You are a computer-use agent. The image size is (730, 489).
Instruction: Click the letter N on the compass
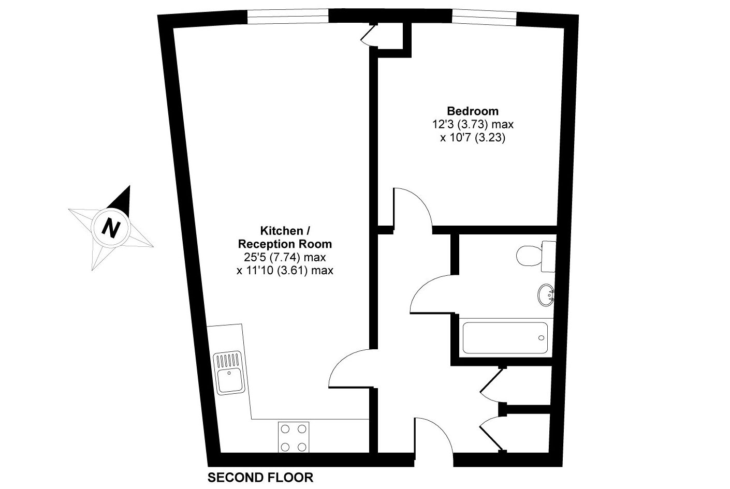111,228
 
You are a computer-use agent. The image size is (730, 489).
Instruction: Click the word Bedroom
473,111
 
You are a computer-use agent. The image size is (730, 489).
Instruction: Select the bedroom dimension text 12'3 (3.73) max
473,124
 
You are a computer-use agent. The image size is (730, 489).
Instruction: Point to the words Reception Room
285,244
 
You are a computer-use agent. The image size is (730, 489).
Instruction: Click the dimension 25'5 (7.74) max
285,257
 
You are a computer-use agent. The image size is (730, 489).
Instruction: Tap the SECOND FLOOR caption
260,478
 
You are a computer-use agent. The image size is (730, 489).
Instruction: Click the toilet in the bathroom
536,256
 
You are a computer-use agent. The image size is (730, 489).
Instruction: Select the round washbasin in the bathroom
546,295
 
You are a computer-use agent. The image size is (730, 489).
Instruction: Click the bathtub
505,337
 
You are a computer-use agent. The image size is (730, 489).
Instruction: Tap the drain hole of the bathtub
542,338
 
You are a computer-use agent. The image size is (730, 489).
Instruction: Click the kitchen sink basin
230,381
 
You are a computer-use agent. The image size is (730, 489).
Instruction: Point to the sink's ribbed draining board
228,361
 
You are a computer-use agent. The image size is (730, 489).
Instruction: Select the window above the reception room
288,16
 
